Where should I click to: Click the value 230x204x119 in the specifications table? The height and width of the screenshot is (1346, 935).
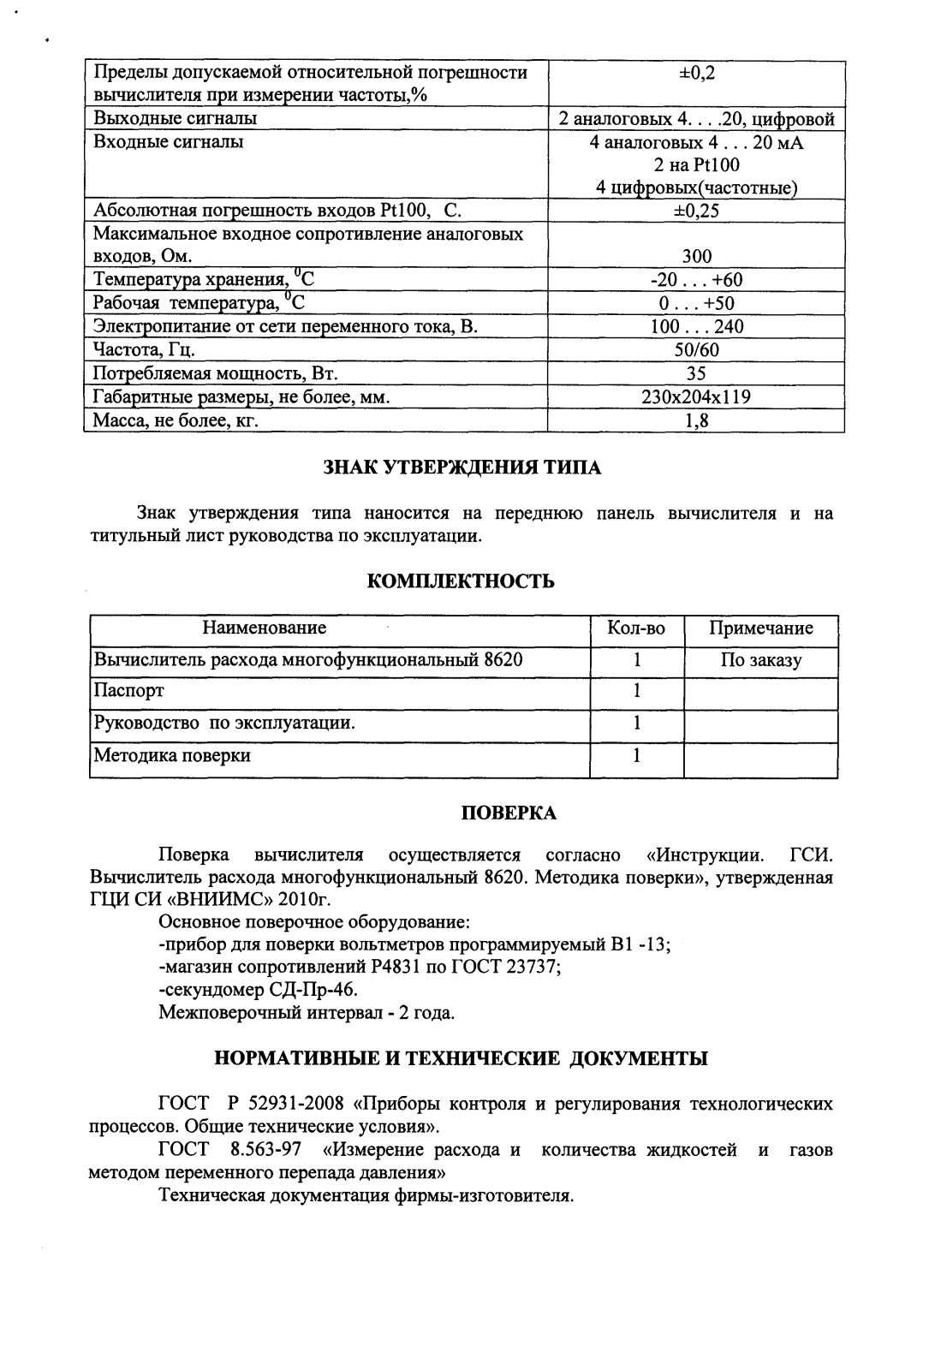pyautogui.click(x=696, y=397)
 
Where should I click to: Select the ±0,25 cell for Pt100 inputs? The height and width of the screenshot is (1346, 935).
pyautogui.click(x=696, y=211)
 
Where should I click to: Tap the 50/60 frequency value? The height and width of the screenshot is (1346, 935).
pyautogui.click(x=696, y=350)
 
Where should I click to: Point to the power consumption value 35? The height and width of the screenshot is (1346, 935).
pyautogui.click(x=696, y=374)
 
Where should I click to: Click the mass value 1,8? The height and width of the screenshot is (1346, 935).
pyautogui.click(x=696, y=421)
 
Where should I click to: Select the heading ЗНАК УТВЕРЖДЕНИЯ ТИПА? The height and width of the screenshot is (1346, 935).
pyautogui.click(x=462, y=468)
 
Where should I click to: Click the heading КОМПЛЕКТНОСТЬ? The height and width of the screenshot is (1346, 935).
pyautogui.click(x=462, y=582)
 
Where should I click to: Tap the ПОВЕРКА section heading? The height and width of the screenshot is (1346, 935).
pyautogui.click(x=509, y=813)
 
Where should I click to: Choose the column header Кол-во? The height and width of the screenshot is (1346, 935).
pyautogui.click(x=636, y=628)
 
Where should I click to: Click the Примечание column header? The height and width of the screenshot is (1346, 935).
pyautogui.click(x=761, y=628)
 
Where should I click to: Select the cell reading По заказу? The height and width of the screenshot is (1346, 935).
pyautogui.click(x=761, y=660)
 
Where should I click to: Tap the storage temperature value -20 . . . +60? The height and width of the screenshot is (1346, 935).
pyautogui.click(x=696, y=280)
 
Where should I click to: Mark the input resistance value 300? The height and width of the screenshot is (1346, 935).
pyautogui.click(x=696, y=256)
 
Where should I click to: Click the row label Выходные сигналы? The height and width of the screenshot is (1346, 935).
pyautogui.click(x=176, y=118)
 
